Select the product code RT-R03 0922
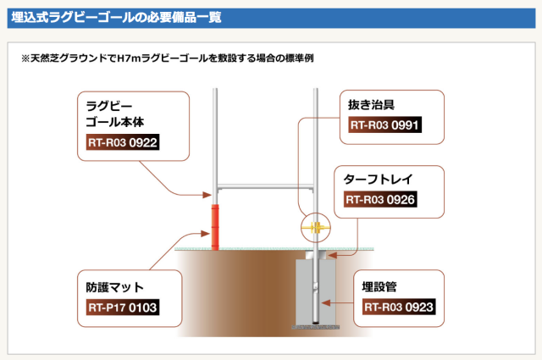[x=123, y=142]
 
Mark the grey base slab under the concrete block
[x=315, y=325]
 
